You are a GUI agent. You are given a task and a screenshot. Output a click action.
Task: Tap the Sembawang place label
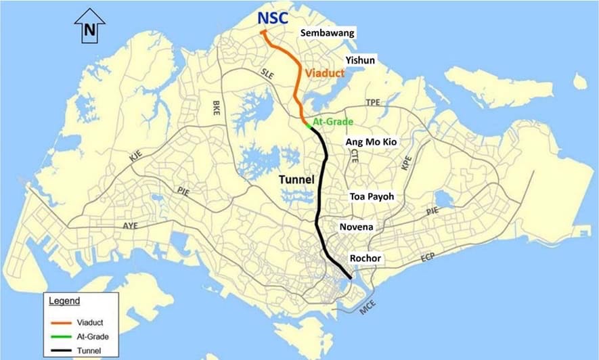click(x=328, y=33)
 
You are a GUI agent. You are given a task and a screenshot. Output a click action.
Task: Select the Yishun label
click(x=360, y=60)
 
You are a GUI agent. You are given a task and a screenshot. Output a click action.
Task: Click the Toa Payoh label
click(x=372, y=196)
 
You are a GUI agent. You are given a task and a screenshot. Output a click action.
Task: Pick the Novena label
click(x=357, y=227)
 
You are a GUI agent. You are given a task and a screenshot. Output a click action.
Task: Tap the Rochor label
click(x=366, y=258)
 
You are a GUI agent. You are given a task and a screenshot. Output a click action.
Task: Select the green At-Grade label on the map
click(x=333, y=122)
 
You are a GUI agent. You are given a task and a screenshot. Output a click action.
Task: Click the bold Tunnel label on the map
click(x=297, y=180)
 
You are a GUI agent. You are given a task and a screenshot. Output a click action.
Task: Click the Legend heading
click(x=64, y=300)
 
